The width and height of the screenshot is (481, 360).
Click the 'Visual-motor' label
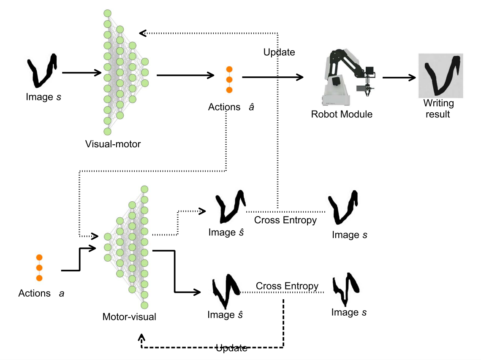pyautogui.click(x=113, y=144)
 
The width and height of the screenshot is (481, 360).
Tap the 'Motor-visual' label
pyautogui.click(x=129, y=316)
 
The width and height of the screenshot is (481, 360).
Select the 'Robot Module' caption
pyautogui.click(x=342, y=114)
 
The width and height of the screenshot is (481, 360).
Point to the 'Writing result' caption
pyautogui.click(x=439, y=108)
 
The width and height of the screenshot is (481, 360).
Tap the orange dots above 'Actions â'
pyautogui.click(x=229, y=79)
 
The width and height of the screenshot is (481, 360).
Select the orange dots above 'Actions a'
pyautogui.click(x=39, y=268)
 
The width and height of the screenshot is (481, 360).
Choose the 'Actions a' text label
pyautogui.click(x=41, y=293)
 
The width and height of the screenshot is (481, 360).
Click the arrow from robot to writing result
pyautogui.click(x=399, y=77)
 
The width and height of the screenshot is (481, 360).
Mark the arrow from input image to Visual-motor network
pyautogui.click(x=82, y=73)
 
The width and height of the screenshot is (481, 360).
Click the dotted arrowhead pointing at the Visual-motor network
pyautogui.click(x=143, y=32)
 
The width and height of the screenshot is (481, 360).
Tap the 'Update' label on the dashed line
pyautogui.click(x=231, y=349)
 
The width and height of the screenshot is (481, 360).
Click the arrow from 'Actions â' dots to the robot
pyautogui.click(x=273, y=77)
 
